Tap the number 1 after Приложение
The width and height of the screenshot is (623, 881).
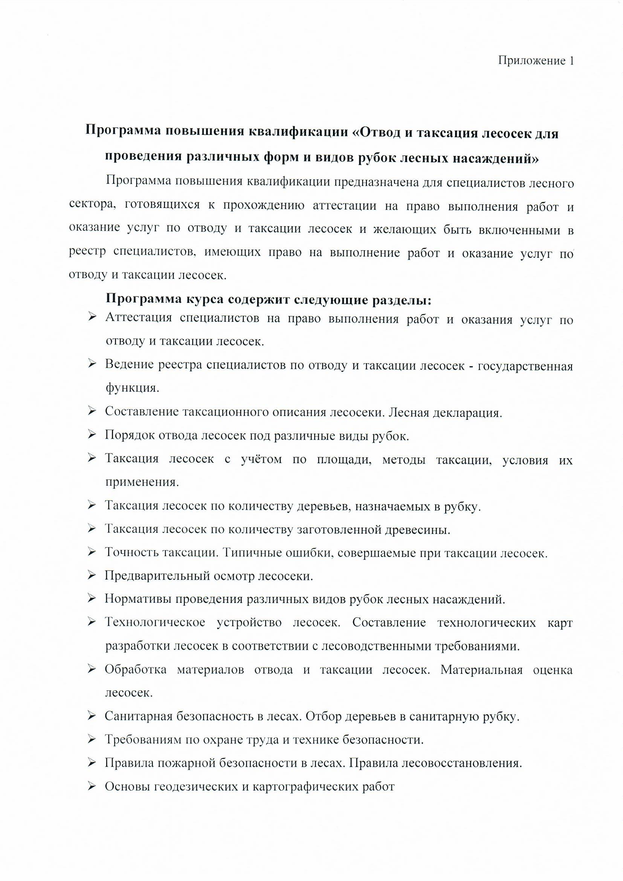[571, 61]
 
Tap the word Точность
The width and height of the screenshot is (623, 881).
[131, 553]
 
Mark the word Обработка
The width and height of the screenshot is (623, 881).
[136, 670]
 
